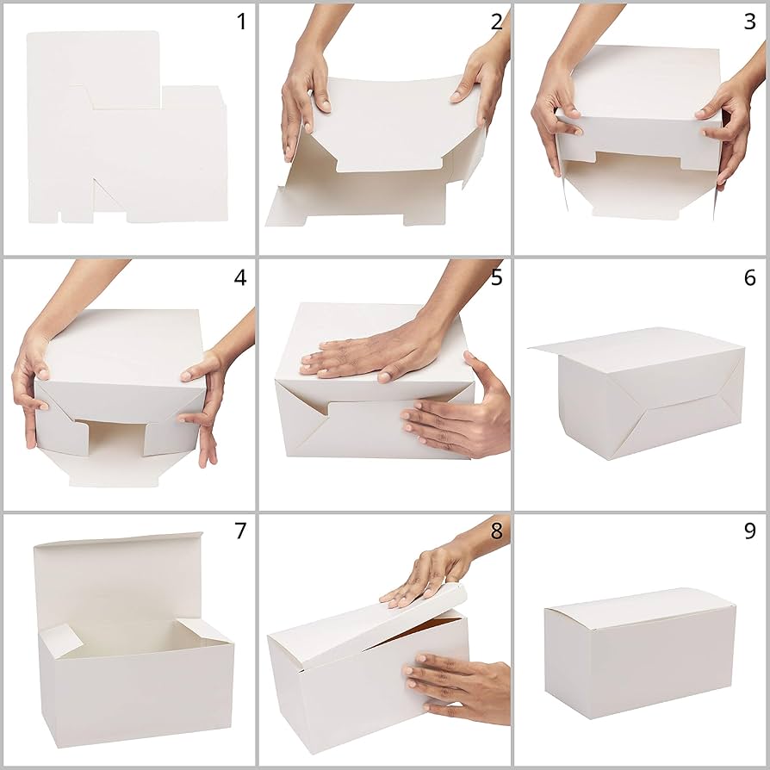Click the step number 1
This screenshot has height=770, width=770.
coord(241,22)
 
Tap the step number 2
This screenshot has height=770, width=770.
coord(497,22)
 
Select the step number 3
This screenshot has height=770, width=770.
coord(749,22)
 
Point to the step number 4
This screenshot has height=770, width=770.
coord(240,277)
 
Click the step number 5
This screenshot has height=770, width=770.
coord(497,277)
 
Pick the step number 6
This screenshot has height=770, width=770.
coord(749,277)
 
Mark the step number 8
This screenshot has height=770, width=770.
coord(496,531)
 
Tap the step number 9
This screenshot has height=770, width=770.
coord(749,531)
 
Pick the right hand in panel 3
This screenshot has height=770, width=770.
coord(729,129)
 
